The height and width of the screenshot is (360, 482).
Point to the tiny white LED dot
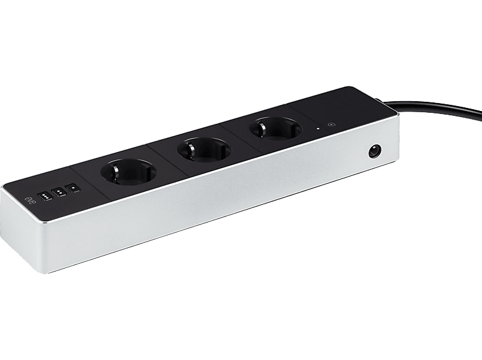[x=318, y=128]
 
